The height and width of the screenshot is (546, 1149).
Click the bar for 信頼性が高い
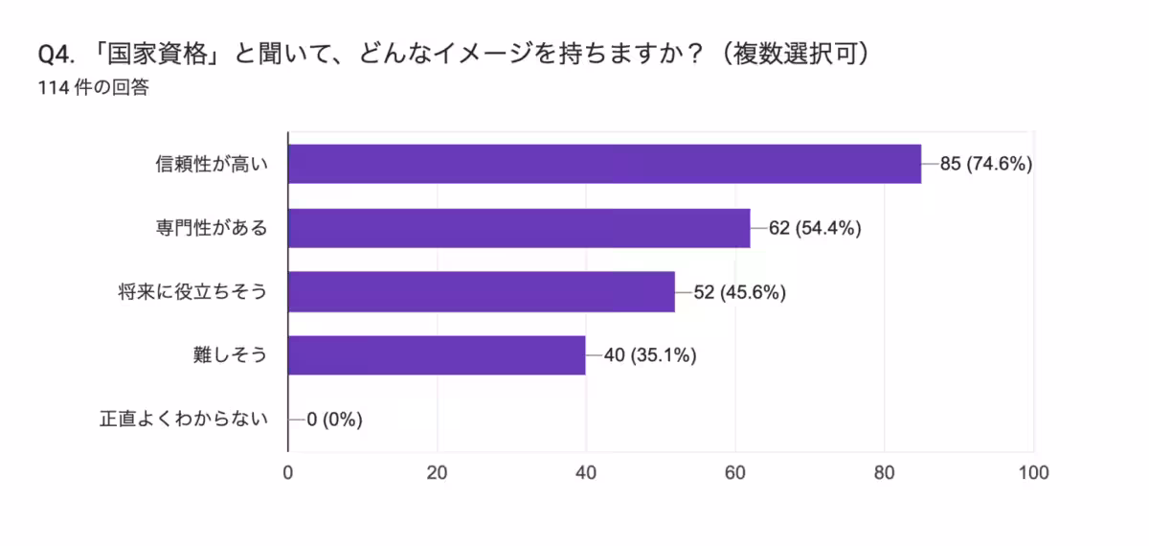tap(604, 164)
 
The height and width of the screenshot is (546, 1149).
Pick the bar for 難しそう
tap(437, 355)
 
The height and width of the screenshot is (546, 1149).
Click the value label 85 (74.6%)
tap(985, 164)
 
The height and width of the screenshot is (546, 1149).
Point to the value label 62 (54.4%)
tap(816, 228)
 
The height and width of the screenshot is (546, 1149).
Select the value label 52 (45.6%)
tap(740, 292)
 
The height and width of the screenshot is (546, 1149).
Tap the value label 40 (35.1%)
tap(650, 355)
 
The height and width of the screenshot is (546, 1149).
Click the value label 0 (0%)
tap(334, 419)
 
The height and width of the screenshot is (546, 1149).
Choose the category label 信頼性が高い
tap(211, 164)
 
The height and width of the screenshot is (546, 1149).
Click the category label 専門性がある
tap(211, 228)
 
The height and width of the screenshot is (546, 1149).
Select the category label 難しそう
tap(229, 355)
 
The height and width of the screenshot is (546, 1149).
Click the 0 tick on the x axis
tap(288, 472)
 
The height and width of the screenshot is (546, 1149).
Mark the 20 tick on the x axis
tap(438, 472)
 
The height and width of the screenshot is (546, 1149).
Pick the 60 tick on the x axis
tap(735, 472)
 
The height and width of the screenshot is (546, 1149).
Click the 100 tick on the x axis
tap(1033, 472)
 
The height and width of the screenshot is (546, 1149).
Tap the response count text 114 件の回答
tap(92, 88)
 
